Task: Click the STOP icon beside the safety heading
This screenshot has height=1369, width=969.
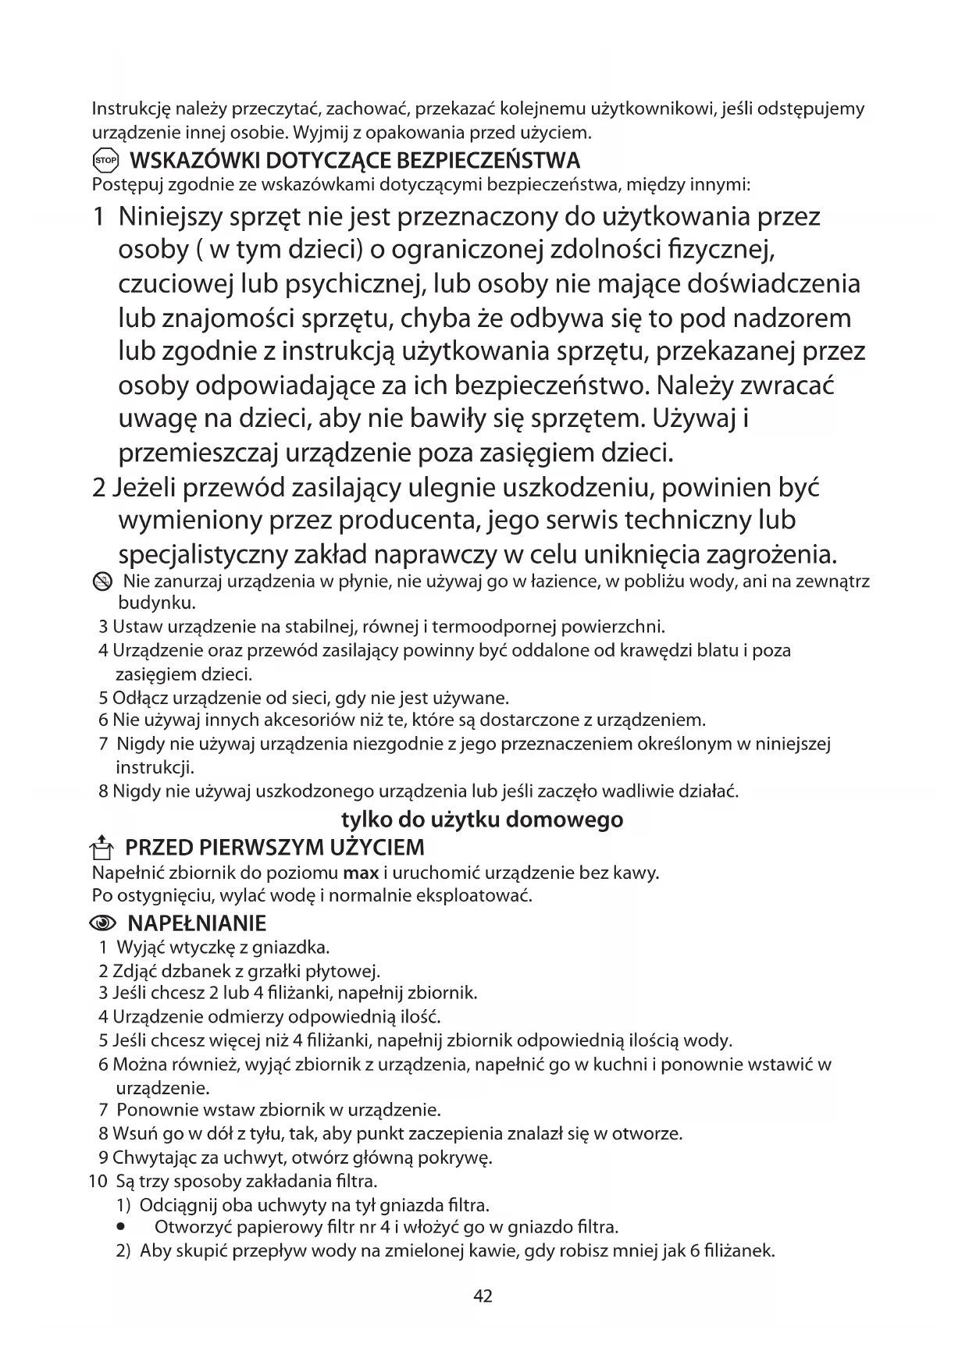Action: click(105, 162)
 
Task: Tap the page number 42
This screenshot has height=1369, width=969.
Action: click(483, 1296)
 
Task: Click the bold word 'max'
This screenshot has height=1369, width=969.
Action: click(362, 873)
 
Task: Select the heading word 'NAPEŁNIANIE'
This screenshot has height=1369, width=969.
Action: click(197, 924)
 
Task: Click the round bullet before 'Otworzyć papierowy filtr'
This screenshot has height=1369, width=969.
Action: click(121, 1227)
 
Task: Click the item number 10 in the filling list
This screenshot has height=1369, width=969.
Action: click(98, 1181)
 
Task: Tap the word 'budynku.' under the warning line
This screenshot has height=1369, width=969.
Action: click(156, 603)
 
